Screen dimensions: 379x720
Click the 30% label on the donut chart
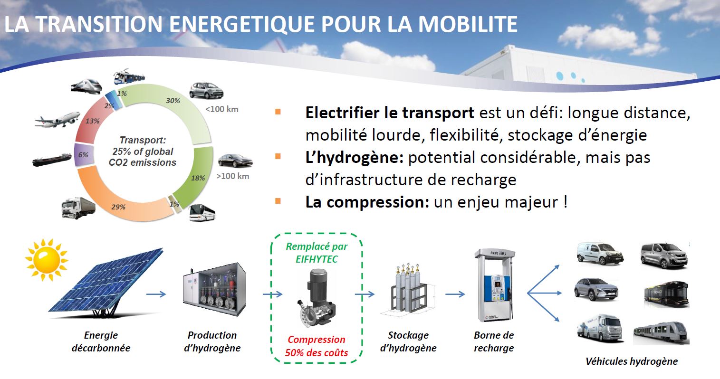pyautogui.click(x=173, y=101)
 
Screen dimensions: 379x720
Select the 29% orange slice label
pyautogui.click(x=118, y=207)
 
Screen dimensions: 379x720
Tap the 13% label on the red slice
pyautogui.click(x=93, y=121)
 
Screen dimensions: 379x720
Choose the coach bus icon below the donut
pyautogui.click(x=202, y=214)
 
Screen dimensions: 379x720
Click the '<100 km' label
pyautogui.click(x=221, y=109)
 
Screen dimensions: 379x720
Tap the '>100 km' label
pyautogui.click(x=233, y=177)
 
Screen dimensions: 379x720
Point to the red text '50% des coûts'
pyautogui.click(x=317, y=353)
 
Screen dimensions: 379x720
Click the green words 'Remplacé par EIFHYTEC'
pyautogui.click(x=317, y=254)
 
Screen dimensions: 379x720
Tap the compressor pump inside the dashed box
pyautogui.click(x=317, y=297)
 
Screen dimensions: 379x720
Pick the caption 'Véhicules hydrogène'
pyautogui.click(x=631, y=361)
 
